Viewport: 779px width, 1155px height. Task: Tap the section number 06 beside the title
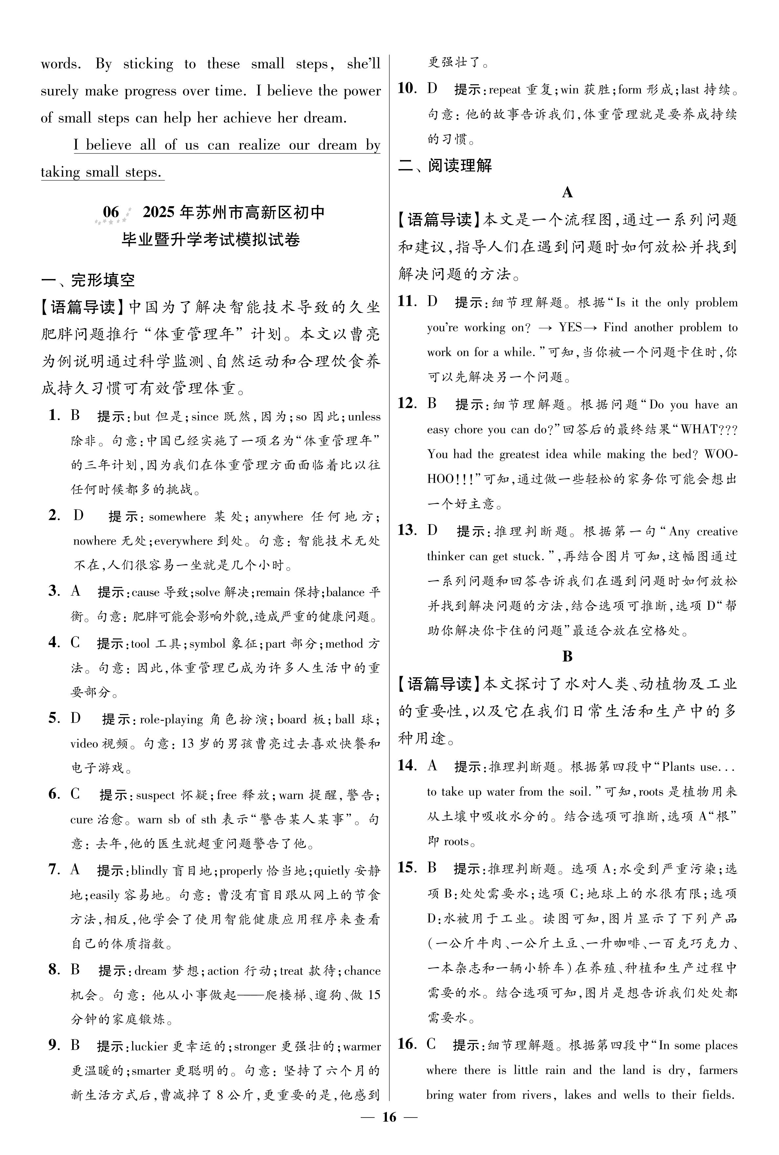coord(111,213)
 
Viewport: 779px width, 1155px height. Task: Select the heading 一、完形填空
coord(88,280)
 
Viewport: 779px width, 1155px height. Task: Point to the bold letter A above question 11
coord(567,193)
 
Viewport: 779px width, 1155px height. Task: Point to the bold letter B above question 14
coord(567,656)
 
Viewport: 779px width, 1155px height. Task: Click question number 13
coord(406,530)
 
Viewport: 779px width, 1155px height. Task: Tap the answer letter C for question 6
coord(75,794)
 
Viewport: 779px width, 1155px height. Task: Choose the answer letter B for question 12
coord(432,404)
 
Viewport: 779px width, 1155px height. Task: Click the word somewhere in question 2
coord(177,517)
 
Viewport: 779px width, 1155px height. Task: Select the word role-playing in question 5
coord(171,719)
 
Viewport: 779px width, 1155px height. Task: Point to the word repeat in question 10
coord(505,90)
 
